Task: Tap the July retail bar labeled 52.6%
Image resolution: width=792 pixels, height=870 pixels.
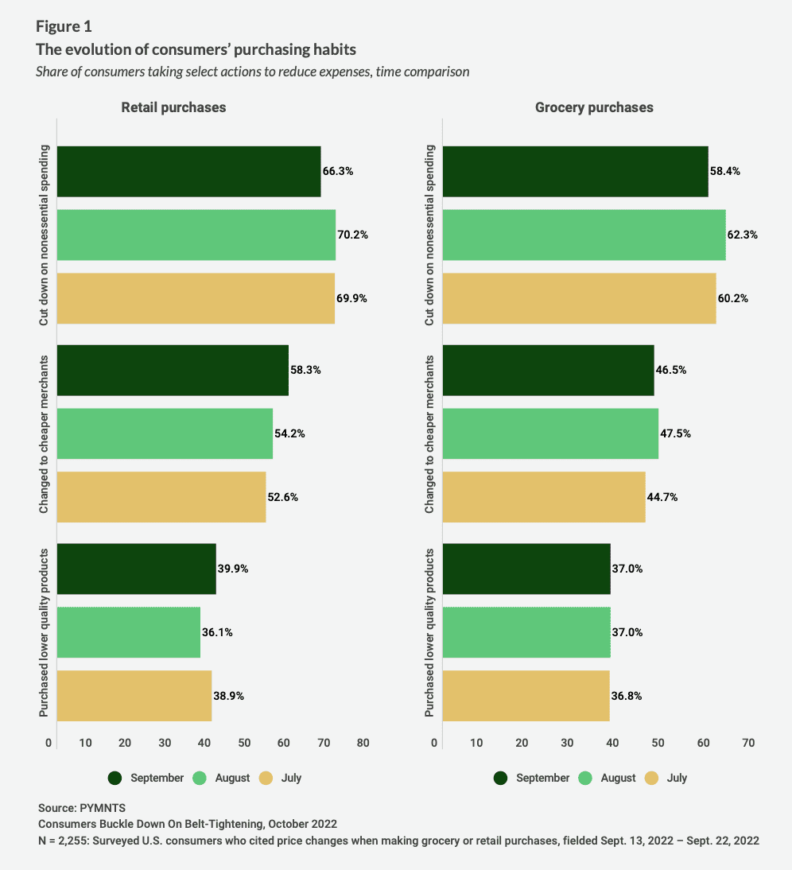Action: (x=161, y=497)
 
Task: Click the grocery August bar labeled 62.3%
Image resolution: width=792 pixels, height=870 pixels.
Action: (x=584, y=235)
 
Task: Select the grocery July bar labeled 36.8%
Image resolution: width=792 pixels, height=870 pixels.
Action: (x=526, y=696)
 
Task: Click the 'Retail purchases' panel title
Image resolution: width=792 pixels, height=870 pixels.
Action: (x=173, y=107)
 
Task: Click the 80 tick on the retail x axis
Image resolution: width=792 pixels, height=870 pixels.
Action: (x=363, y=743)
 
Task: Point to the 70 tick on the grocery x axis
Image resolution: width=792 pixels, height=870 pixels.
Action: (x=748, y=743)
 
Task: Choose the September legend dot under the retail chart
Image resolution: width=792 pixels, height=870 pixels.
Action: (x=115, y=778)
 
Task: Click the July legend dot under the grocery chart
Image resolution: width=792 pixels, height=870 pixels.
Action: (x=652, y=778)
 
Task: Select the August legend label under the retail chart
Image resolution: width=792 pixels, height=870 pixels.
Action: (x=232, y=778)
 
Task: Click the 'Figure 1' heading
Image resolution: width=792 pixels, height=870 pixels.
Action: (x=64, y=26)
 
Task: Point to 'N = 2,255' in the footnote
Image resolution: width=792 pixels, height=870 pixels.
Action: (x=66, y=840)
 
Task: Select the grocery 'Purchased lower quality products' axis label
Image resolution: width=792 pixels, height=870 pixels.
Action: (x=429, y=632)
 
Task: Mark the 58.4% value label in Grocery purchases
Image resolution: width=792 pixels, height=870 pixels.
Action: (x=725, y=171)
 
